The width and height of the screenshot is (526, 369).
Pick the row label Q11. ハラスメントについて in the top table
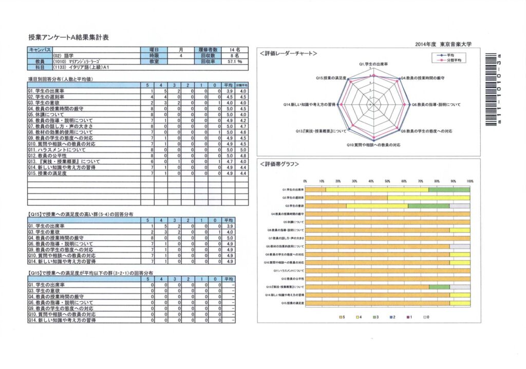pyautogui.click(x=57, y=150)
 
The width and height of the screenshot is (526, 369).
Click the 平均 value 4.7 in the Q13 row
pyautogui.click(x=229, y=161)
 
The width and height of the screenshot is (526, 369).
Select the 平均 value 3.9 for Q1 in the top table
pyautogui.click(x=229, y=91)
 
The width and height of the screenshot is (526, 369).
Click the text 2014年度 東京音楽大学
pyautogui.click(x=445, y=45)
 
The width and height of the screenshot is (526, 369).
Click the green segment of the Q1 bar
pyautogui.click(x=449, y=189)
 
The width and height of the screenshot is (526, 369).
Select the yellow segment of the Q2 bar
pyautogui.click(x=428, y=197)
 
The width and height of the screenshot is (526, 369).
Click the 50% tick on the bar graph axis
pyautogui.click(x=387, y=181)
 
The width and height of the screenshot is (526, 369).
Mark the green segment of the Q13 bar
pyautogui.click(x=439, y=287)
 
